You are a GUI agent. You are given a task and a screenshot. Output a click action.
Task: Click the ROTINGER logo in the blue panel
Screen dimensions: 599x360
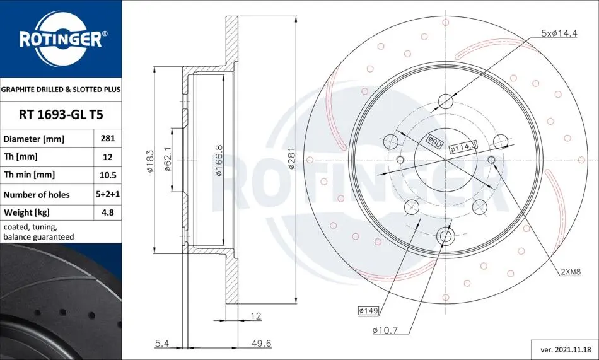coord(61,39)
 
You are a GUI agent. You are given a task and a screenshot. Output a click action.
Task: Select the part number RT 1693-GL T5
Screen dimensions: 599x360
coord(61,115)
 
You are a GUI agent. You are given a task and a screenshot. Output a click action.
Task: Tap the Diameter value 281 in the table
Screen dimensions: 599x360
coord(108,138)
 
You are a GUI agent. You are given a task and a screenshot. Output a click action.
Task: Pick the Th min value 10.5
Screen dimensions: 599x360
coord(108,175)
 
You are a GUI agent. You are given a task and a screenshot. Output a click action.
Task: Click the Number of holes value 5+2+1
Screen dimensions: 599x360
coord(108,194)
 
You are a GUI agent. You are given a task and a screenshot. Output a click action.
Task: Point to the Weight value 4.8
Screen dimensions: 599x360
coord(108,212)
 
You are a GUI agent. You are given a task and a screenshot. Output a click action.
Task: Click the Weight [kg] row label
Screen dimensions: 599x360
coord(26,212)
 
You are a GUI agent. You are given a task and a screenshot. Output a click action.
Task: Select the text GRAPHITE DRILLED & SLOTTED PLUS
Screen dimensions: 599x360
coord(61,90)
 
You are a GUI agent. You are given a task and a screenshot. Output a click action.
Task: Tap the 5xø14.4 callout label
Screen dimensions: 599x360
coord(559,33)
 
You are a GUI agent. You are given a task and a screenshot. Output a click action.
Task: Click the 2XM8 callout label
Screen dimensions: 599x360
coord(571,272)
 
